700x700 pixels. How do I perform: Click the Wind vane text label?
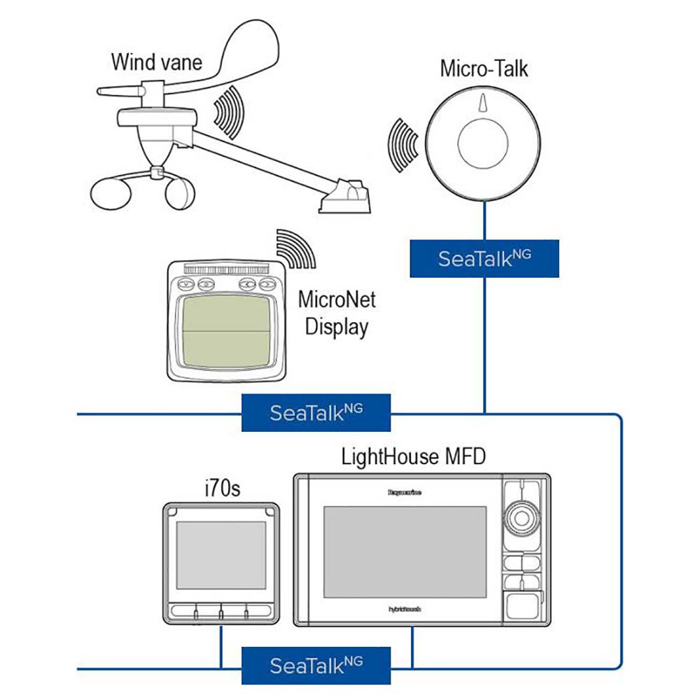point(156,62)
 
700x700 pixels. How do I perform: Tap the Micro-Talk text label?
point(484,69)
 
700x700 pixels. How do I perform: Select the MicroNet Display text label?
point(337,313)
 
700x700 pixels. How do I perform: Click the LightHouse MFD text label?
point(413,457)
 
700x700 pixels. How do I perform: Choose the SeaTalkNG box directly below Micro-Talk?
point(484,258)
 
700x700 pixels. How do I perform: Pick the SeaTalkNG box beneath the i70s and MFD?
point(316,665)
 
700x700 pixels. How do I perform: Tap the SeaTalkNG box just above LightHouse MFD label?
point(316,412)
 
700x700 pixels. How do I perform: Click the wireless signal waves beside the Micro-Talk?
point(402,145)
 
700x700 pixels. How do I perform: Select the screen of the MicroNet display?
point(225,330)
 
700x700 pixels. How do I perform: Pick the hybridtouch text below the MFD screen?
point(405,609)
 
